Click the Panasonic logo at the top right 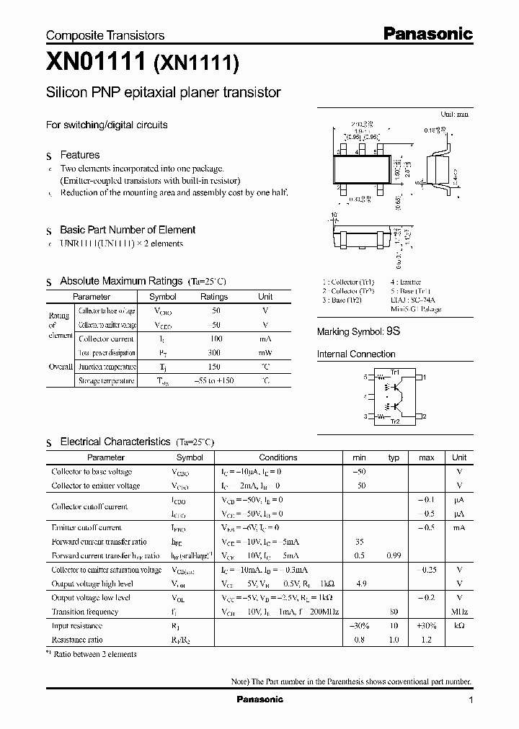pyautogui.click(x=427, y=33)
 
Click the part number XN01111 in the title pyautogui.click(x=95, y=63)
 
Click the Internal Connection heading pyautogui.click(x=356, y=354)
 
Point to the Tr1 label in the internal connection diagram pyautogui.click(x=394, y=371)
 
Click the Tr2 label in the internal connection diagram pyautogui.click(x=394, y=421)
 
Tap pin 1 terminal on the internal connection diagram pyautogui.click(x=425, y=377)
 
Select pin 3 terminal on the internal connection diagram pyautogui.click(x=365, y=416)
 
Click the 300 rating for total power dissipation pyautogui.click(x=213, y=353)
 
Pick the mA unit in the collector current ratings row pyautogui.click(x=265, y=339)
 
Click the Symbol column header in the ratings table pyautogui.click(x=162, y=297)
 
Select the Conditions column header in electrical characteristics pyautogui.click(x=278, y=457)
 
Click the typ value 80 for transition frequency pyautogui.click(x=394, y=612)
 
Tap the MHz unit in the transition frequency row pyautogui.click(x=459, y=612)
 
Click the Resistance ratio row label pyautogui.click(x=77, y=639)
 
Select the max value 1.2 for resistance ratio pyautogui.click(x=426, y=639)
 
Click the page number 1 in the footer pyautogui.click(x=471, y=700)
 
